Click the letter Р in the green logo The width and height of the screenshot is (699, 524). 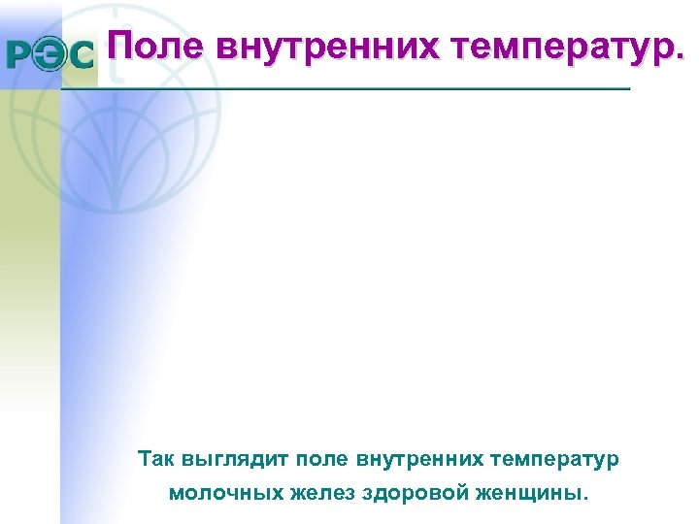tap(19, 55)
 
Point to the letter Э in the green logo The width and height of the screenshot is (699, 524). tap(50, 55)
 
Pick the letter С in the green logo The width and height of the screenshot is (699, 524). tap(82, 55)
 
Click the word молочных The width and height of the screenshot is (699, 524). tap(225, 492)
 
